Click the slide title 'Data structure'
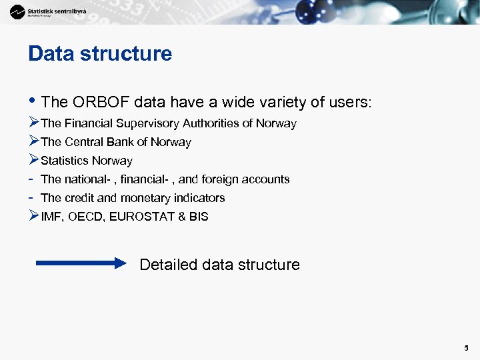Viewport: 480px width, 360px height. click(100, 54)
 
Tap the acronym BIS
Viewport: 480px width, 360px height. click(198, 217)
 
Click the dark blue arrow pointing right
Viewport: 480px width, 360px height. click(81, 263)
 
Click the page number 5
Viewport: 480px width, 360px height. click(467, 348)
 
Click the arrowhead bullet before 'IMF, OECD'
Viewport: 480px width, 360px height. click(34, 216)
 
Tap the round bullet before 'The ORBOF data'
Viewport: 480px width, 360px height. click(32, 102)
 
